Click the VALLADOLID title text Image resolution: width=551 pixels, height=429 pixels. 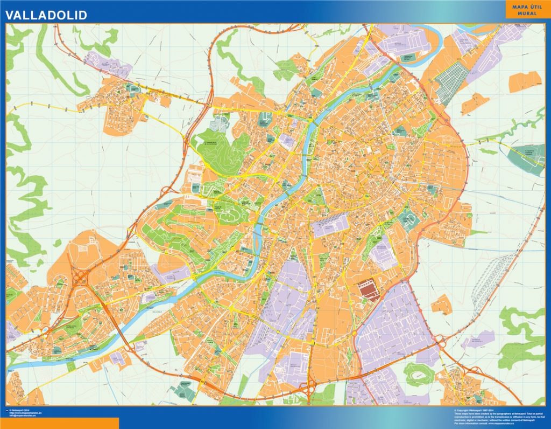(46, 15)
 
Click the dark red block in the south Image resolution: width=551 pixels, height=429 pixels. (369, 288)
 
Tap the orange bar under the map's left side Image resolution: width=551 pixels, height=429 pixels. (59, 423)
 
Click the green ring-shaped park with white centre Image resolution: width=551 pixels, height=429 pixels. (419, 374)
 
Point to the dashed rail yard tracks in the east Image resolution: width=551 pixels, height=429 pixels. (490, 280)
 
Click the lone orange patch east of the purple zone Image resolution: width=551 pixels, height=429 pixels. (442, 305)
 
